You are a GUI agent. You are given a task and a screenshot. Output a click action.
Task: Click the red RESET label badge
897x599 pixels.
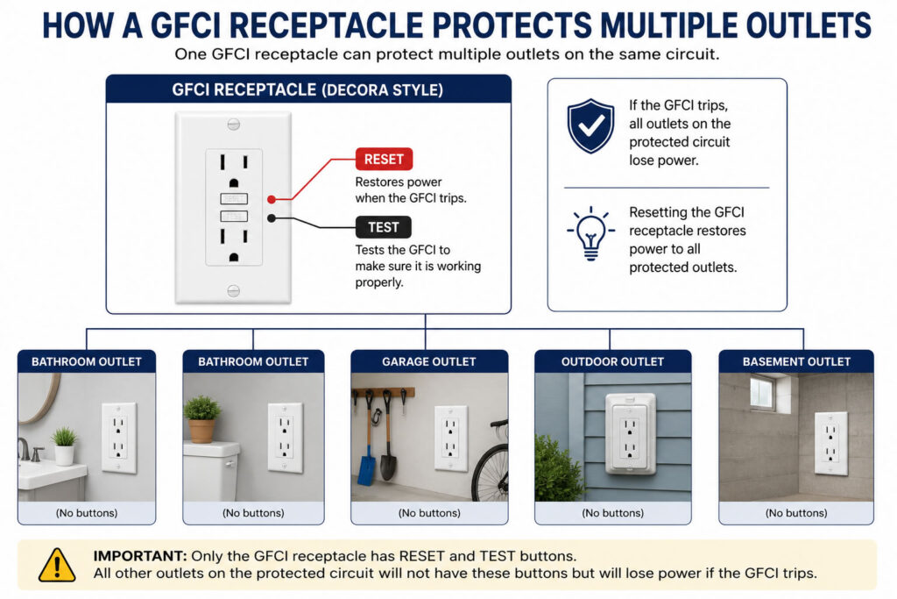coord(384,160)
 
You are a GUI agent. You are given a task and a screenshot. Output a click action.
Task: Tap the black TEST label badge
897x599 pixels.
coord(384,227)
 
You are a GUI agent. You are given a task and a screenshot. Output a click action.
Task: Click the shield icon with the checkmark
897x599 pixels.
coord(591,126)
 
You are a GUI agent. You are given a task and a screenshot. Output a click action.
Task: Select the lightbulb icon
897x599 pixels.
coord(591,233)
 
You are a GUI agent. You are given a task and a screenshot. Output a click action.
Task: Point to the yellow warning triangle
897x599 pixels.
coord(57,565)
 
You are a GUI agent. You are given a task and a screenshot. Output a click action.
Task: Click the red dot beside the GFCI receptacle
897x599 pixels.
coord(272,199)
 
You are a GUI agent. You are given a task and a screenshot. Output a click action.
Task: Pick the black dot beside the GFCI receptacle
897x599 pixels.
coord(272,218)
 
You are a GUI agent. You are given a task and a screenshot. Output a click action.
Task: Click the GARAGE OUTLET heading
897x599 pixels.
coord(429,362)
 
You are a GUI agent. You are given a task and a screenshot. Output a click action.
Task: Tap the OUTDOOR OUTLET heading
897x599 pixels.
coord(612,362)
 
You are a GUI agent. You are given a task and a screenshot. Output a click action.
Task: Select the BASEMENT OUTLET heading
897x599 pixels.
coord(796,362)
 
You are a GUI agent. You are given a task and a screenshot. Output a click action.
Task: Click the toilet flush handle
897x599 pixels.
coord(230,464)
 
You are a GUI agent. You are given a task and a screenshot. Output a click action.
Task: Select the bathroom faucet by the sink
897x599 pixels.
coord(25,449)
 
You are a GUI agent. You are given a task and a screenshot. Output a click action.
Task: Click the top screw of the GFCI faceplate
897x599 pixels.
coord(233,125)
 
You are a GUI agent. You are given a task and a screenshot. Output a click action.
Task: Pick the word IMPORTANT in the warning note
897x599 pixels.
coord(140,556)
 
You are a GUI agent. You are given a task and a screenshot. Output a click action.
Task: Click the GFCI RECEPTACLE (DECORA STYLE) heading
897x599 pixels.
coord(307,90)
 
